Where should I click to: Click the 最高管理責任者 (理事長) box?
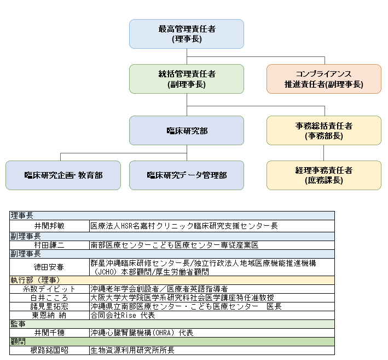[187, 33]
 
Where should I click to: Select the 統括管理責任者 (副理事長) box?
[187, 79]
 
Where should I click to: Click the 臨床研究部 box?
[187, 130]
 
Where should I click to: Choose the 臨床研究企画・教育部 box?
[63, 175]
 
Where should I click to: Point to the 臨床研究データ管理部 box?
[187, 175]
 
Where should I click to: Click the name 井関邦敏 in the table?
[49, 226]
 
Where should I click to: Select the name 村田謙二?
[49, 245]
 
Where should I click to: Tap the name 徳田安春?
[49, 267]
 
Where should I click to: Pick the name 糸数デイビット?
[49, 289]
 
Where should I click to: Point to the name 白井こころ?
[49, 298]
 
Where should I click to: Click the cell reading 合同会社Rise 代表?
[123, 315]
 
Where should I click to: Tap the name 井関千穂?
[49, 333]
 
